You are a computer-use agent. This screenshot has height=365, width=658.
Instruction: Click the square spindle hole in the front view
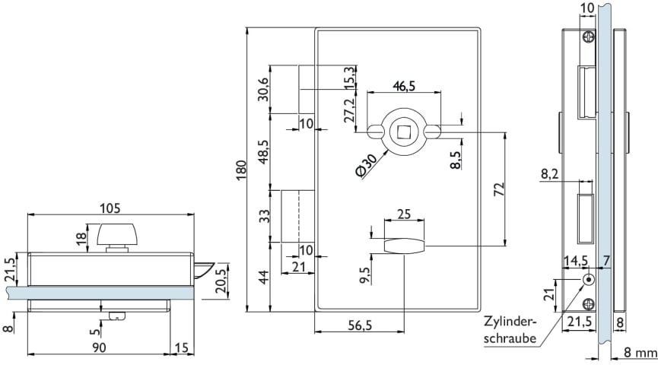click(x=403, y=132)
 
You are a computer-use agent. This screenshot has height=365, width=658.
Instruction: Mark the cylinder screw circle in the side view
click(x=588, y=280)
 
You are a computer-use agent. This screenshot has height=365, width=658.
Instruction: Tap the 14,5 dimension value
click(x=575, y=260)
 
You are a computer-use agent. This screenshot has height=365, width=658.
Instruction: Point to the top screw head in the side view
click(x=588, y=36)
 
